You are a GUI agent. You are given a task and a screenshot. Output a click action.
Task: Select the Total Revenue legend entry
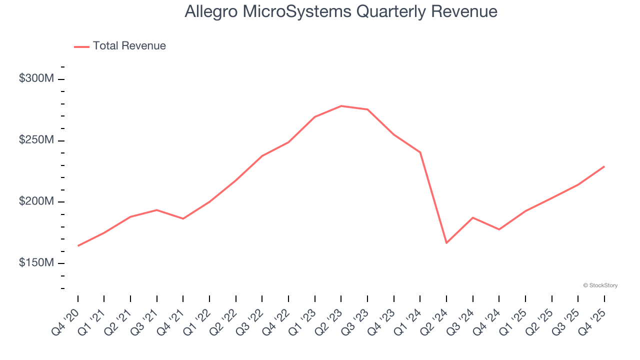[x=120, y=46]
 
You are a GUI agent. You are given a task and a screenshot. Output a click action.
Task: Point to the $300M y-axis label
[x=35, y=79]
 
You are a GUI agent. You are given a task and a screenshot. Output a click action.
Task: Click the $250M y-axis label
[x=35, y=140]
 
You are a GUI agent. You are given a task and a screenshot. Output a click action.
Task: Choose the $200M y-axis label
[x=35, y=201]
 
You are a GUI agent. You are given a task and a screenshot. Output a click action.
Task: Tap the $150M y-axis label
[x=35, y=263]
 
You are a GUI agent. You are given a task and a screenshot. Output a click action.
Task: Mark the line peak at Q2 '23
[x=341, y=106]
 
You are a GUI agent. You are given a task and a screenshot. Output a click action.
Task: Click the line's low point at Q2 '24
[x=446, y=243]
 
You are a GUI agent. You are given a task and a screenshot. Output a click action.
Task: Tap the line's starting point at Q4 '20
[x=78, y=246]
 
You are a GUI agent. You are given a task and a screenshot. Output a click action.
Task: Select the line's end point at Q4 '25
[x=604, y=166]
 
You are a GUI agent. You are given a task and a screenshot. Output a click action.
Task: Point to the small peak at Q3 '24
[x=472, y=217]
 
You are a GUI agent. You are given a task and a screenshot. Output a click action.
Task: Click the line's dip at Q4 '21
[x=183, y=218]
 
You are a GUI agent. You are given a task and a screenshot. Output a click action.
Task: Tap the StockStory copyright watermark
[x=600, y=285]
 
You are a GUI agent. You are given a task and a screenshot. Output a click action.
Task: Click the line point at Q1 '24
[x=420, y=152]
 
